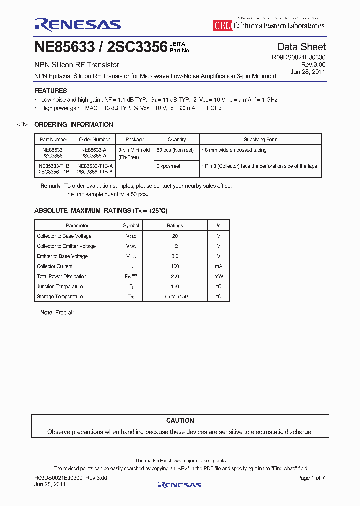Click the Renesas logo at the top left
click(x=77, y=24)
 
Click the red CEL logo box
click(x=222, y=26)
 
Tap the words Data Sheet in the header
click(x=301, y=47)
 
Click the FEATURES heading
click(x=50, y=91)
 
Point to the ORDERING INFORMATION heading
click(x=74, y=125)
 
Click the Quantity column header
click(x=177, y=140)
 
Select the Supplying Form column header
click(x=260, y=140)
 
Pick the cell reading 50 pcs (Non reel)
click(x=175, y=150)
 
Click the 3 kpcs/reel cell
click(x=168, y=166)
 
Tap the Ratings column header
click(x=175, y=226)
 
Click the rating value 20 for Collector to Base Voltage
click(x=175, y=236)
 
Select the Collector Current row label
click(x=54, y=266)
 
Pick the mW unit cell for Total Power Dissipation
click(x=218, y=276)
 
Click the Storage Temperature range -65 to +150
click(x=175, y=297)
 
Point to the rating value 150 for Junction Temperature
click(x=175, y=287)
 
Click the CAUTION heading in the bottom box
click(x=180, y=421)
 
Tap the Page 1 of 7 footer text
click(x=311, y=478)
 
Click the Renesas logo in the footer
click(x=179, y=484)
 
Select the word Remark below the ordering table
click(x=50, y=186)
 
